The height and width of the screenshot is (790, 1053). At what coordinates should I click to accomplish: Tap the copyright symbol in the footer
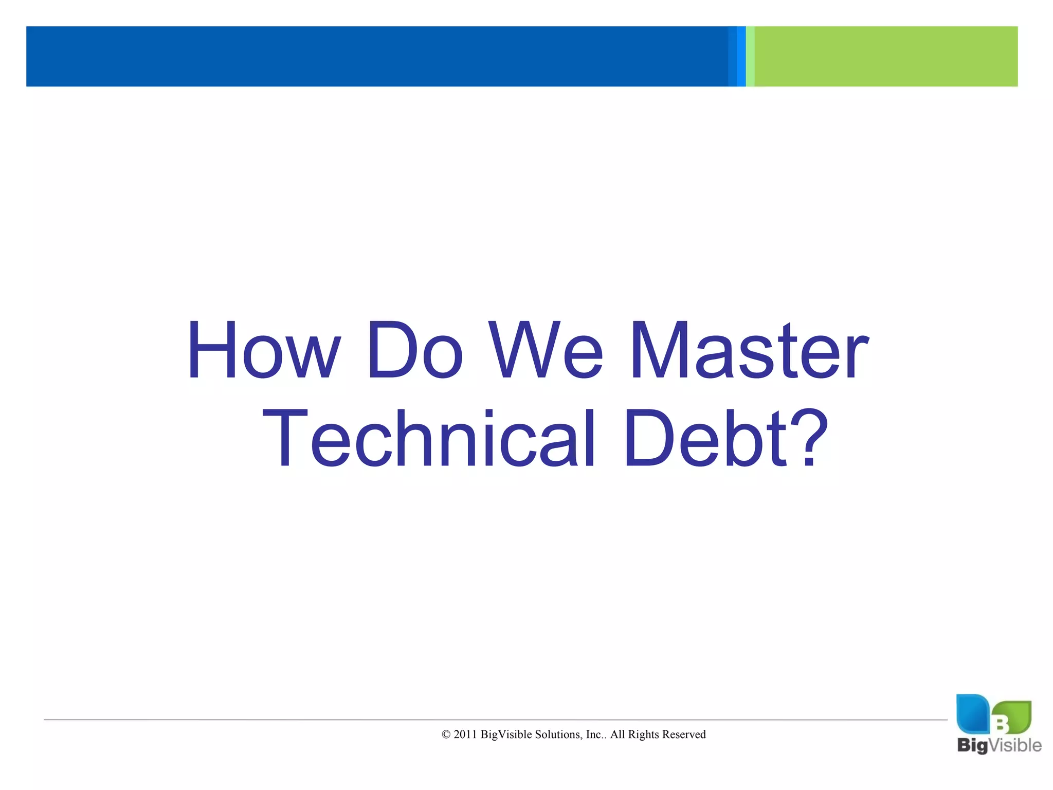[x=446, y=735]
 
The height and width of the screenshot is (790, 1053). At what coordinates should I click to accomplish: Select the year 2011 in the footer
[x=465, y=734]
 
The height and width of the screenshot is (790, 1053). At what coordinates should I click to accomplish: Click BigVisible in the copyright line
[x=506, y=734]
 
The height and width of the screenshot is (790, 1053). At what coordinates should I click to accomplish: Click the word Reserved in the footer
[x=684, y=734]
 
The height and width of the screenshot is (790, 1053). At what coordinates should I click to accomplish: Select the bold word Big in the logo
[x=972, y=746]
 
